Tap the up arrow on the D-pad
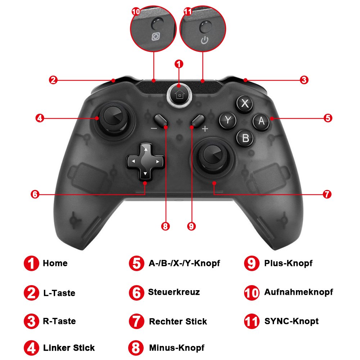click(x=145, y=149)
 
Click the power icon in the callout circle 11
click(x=204, y=39)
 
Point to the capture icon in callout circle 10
click(x=156, y=37)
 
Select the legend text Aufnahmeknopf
click(x=298, y=292)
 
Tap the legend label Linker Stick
click(x=69, y=348)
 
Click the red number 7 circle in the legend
click(x=136, y=321)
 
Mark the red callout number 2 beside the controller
click(x=53, y=80)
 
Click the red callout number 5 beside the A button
click(x=328, y=118)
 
